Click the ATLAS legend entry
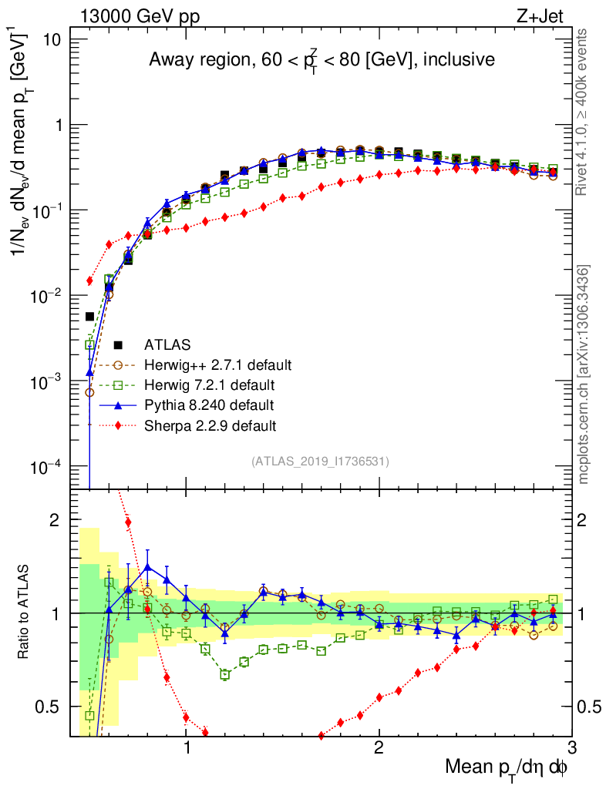pos(166,344)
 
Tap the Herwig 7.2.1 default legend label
pos(209,384)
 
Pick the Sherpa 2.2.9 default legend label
pos(210,425)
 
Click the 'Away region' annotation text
pos(322,61)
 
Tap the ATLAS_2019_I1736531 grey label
pos(320,462)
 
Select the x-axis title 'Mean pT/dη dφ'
pos(507,767)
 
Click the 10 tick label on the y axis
pos(56,39)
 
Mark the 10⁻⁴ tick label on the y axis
pos(48,467)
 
